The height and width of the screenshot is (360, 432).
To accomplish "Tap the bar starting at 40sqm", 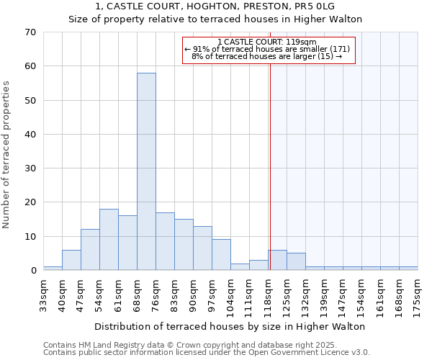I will [71, 260].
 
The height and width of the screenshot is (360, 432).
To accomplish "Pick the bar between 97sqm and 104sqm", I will [221, 255].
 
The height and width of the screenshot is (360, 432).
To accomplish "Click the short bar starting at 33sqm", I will [53, 268].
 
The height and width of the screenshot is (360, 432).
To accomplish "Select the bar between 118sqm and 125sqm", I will [278, 260].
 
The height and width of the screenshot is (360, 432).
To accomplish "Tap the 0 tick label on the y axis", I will [32, 271].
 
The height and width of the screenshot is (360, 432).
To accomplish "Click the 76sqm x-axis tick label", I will [156, 294].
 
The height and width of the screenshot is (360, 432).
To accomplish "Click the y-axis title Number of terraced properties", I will [7, 155].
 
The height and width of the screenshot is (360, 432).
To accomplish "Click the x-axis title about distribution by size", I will [230, 326].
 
